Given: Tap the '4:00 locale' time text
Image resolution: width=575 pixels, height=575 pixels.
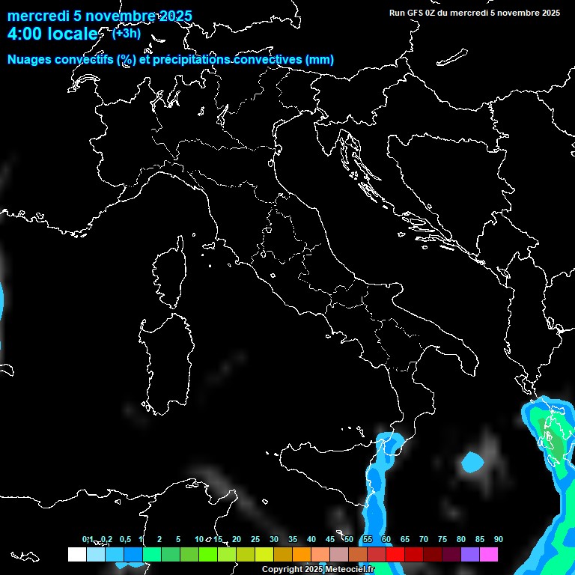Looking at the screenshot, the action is pos(52,34).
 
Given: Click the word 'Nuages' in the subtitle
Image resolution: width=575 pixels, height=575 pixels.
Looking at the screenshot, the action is pos(29,60).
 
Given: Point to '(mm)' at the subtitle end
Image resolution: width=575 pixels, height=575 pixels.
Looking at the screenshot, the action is pos(320,60).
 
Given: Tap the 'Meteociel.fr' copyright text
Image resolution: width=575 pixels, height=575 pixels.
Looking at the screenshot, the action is pos(349,569).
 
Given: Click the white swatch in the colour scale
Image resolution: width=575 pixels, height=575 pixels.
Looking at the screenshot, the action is pos(76,554).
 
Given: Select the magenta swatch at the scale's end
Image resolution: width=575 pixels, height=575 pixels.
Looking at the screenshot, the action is pos(489,554).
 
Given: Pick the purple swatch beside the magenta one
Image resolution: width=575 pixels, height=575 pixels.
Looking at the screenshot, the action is pos(470,554).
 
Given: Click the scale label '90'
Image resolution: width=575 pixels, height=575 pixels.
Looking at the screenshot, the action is pos(499,539).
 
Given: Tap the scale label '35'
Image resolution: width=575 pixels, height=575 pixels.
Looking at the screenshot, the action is pos(293,539).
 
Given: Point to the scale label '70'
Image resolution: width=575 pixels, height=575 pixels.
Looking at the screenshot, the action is pos(424,539).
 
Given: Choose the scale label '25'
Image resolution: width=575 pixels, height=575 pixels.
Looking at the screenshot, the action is pos(255,539).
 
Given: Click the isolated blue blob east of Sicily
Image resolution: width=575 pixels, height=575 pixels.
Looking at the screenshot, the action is pos(473,463).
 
